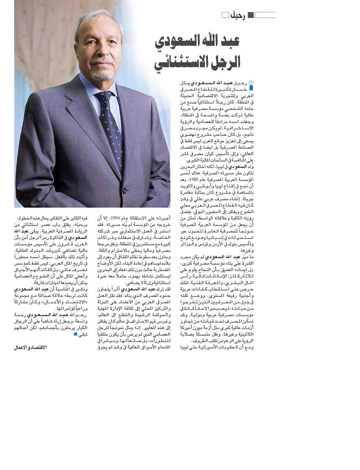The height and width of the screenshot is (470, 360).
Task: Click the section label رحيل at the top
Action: point(237,15)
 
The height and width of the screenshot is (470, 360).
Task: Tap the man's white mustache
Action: point(97,61)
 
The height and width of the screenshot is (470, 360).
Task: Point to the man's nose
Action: point(97,52)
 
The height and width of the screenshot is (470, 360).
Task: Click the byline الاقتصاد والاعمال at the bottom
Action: point(31,348)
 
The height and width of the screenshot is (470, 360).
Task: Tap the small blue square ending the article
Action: point(75,334)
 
